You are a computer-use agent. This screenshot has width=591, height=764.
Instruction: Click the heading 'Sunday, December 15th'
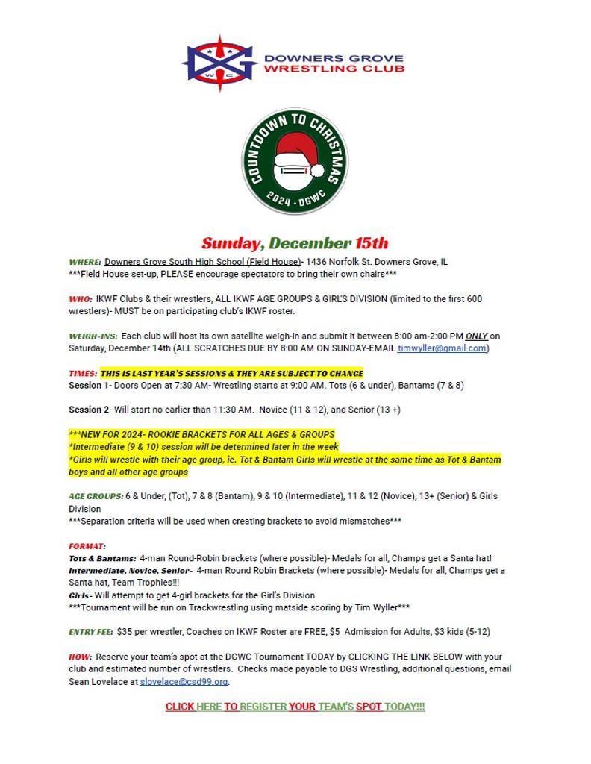coord(295,243)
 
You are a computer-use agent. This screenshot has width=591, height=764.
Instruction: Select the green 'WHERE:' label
coord(85,263)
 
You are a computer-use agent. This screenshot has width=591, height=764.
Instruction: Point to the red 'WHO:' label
coord(81,299)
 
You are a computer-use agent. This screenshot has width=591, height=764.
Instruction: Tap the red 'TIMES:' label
coord(83,373)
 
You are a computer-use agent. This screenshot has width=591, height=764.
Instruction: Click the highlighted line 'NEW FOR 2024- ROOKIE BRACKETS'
coord(201,434)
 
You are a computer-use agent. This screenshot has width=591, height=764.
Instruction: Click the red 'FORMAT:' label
coord(87,546)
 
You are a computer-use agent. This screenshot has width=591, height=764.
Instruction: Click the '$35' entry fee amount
coord(125,632)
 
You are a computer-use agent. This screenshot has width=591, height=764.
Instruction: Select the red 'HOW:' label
coord(80,657)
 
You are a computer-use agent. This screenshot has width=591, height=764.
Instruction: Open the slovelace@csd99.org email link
coord(184,682)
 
